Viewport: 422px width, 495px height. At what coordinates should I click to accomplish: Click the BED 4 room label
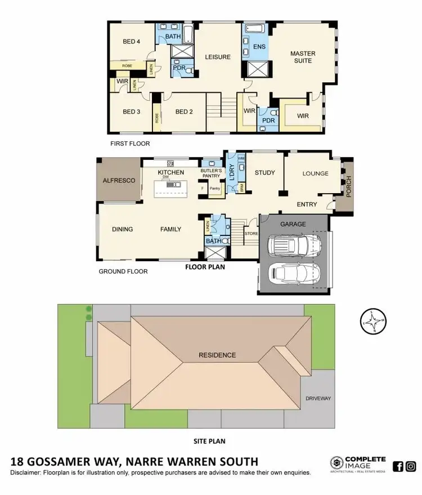tap(131, 41)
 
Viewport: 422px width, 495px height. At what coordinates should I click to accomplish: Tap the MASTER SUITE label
tap(303, 57)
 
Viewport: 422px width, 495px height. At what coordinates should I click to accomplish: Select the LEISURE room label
tap(217, 57)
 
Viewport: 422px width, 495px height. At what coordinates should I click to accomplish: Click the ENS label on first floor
tap(259, 47)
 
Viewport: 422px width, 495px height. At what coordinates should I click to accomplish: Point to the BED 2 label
tap(184, 112)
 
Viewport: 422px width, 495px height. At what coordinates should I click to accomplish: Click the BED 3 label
tap(131, 112)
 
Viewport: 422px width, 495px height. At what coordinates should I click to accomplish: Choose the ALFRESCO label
tap(119, 181)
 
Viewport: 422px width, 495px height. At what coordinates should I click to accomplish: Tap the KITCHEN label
tap(170, 172)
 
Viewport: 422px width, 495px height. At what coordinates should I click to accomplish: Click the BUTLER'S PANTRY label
tap(212, 173)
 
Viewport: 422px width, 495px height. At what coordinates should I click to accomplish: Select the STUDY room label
tap(264, 172)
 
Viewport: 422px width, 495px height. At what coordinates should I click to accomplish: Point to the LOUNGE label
tap(315, 173)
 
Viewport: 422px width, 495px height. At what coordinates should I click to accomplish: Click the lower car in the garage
tap(294, 275)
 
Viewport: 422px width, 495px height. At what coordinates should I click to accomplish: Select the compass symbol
tap(372, 322)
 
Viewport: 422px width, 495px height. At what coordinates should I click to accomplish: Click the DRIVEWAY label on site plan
tap(318, 398)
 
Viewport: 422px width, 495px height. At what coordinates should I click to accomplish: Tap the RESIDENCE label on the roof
tap(217, 355)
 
